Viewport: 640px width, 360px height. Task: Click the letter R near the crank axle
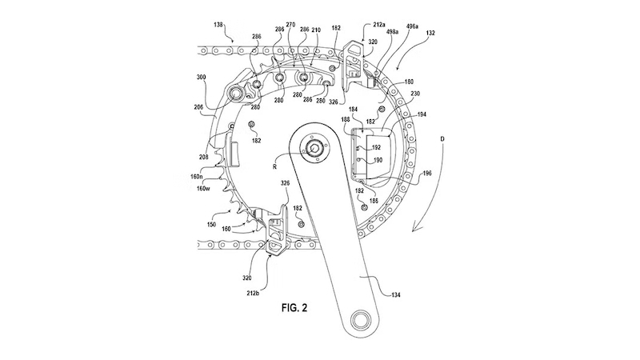[275, 167]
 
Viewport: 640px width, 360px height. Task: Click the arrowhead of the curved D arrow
[413, 230]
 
